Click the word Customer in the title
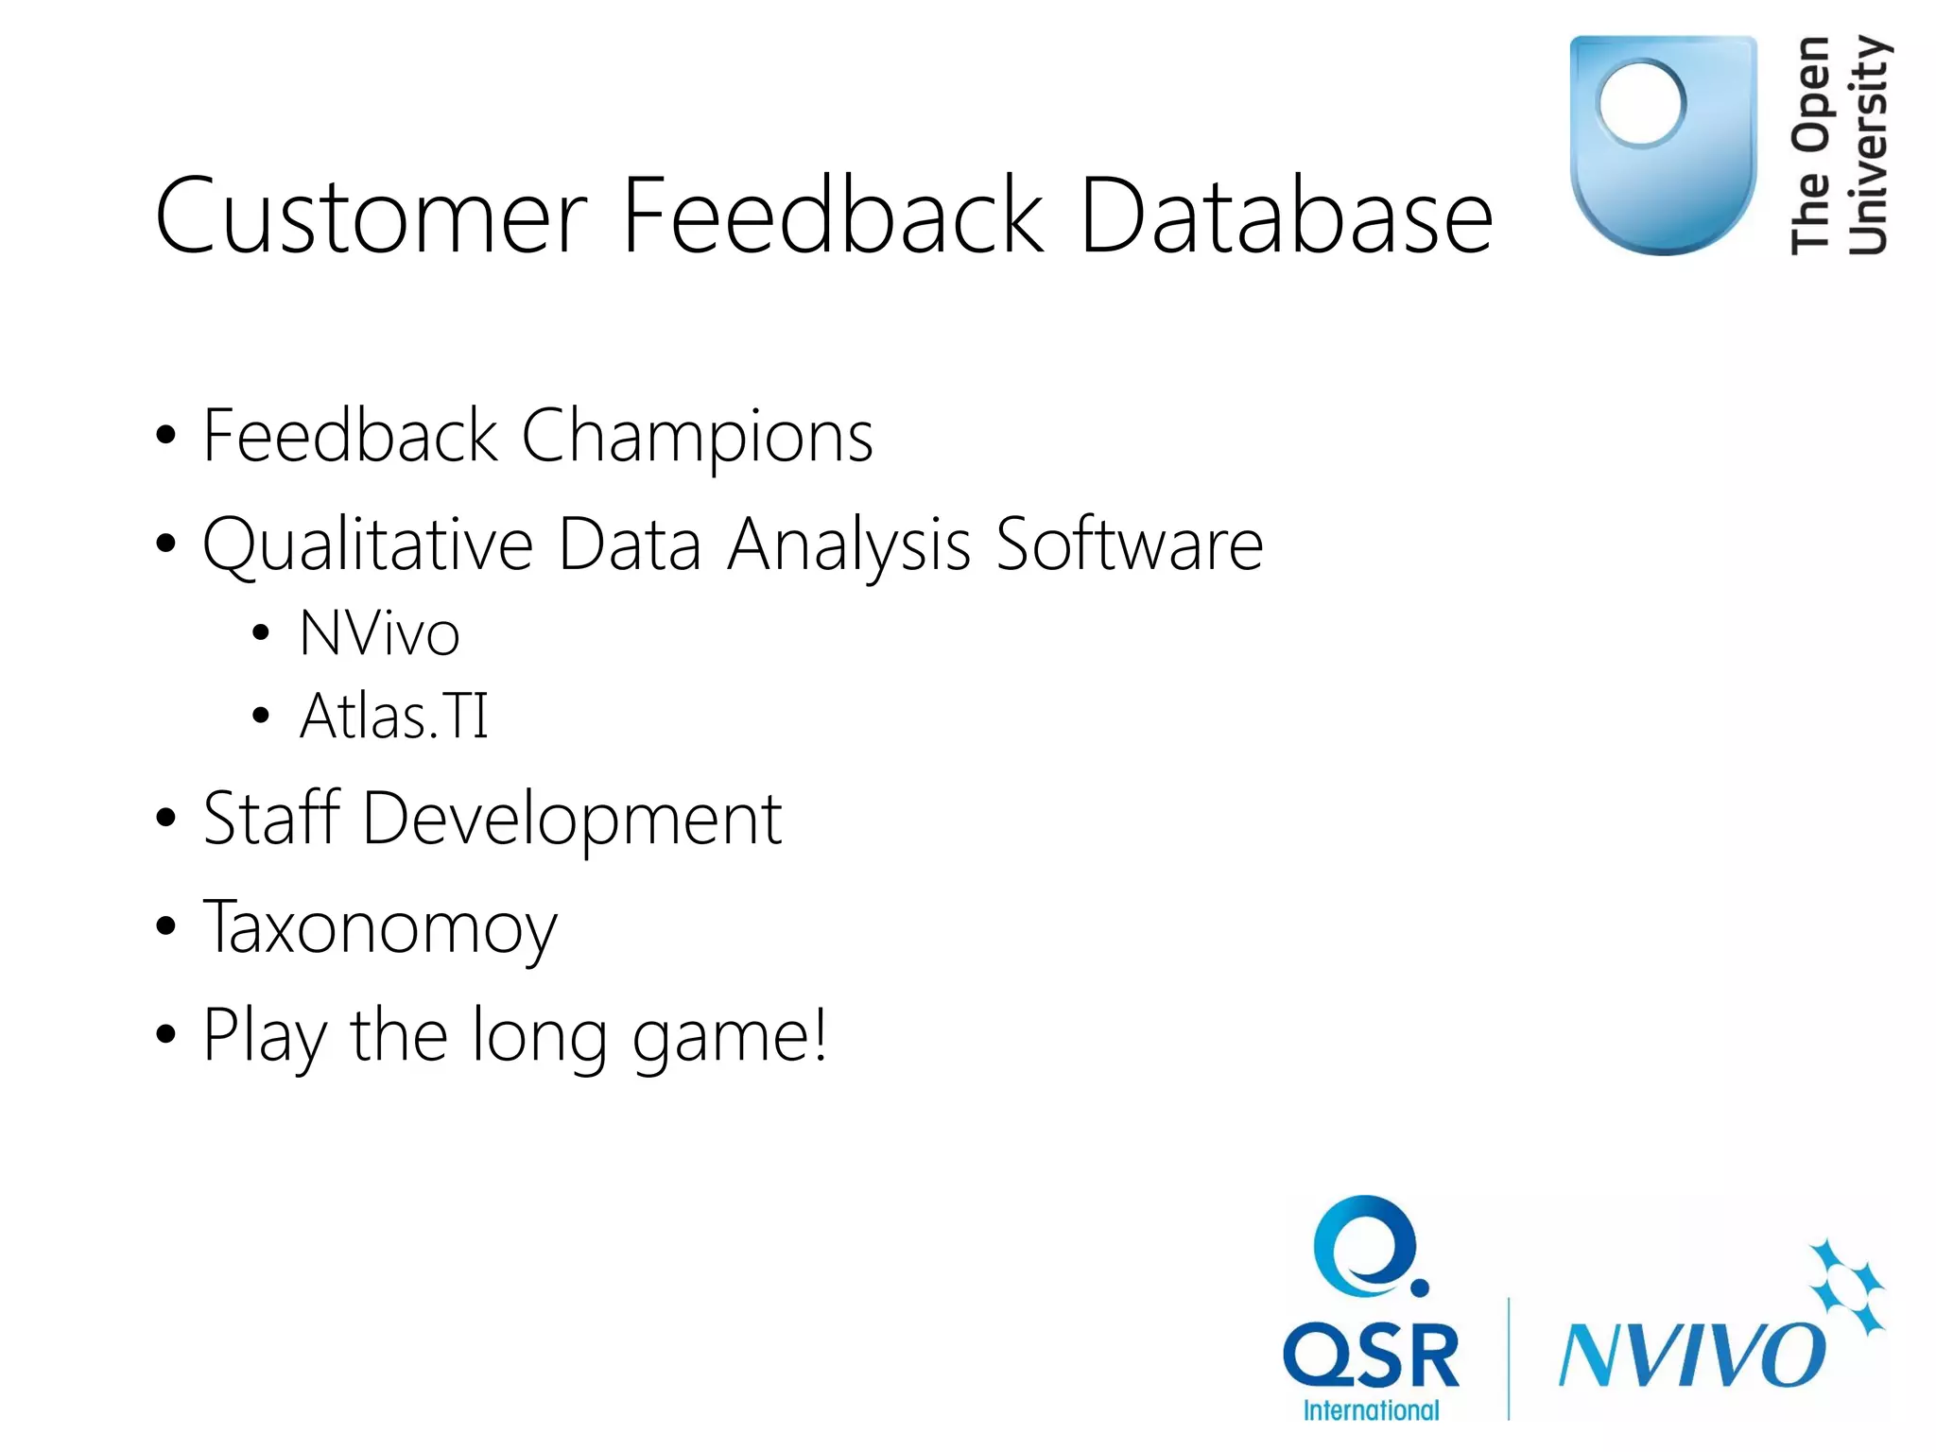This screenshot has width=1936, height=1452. pos(372,217)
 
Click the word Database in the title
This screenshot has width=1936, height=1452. pos(1286,217)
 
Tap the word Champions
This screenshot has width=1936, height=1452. pos(697,437)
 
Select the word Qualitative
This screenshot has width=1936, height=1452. pos(368,546)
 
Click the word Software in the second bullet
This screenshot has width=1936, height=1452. pos(1129,545)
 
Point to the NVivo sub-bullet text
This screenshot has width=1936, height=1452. pos(379,633)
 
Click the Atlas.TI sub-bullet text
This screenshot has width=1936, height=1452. pos(393,716)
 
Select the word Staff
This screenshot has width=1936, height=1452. pos(271,818)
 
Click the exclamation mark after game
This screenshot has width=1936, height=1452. pos(819,1033)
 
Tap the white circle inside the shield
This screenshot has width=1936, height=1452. pos(1641,102)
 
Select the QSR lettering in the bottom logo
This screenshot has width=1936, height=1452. pos(1371,1356)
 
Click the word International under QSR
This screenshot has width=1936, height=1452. pos(1371,1410)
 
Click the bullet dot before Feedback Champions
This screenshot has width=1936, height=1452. pos(166,436)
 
